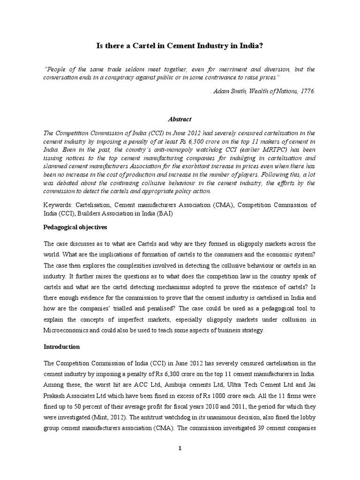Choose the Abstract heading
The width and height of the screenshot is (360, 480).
(x=180, y=120)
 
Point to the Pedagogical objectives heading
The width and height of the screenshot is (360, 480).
(x=75, y=227)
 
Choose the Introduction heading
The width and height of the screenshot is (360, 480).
(x=62, y=347)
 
